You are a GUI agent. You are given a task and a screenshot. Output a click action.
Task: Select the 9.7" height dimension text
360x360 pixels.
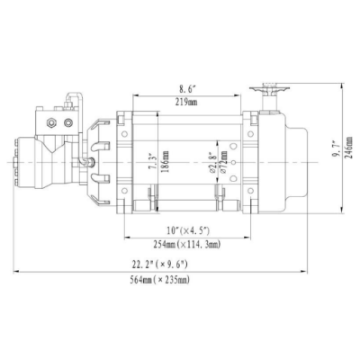click(337, 163)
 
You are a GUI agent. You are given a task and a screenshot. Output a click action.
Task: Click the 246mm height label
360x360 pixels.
click(348, 163)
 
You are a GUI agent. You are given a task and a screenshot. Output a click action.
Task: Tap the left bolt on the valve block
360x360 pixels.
click(55, 121)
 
